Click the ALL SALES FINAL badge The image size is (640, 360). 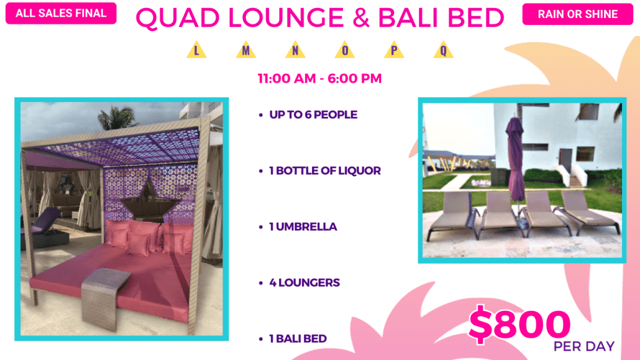point(61,14)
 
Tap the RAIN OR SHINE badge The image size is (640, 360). point(577,14)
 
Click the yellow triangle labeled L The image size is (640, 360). point(197,50)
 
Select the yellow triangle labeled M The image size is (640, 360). point(246,50)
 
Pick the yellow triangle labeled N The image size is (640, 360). point(296,50)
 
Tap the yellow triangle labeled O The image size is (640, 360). point(345,50)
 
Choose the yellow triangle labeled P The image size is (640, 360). point(395,50)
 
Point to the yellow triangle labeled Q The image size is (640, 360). point(444,50)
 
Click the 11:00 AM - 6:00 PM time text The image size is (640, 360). point(319,78)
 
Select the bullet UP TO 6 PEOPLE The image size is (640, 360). point(309,115)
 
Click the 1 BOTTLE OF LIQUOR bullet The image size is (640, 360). point(320,171)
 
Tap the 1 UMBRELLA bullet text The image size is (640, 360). point(298,227)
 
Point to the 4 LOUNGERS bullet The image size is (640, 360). point(299,283)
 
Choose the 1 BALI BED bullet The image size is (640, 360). point(293,339)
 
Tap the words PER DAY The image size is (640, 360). point(584,346)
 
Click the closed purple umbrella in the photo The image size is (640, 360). point(516,159)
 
